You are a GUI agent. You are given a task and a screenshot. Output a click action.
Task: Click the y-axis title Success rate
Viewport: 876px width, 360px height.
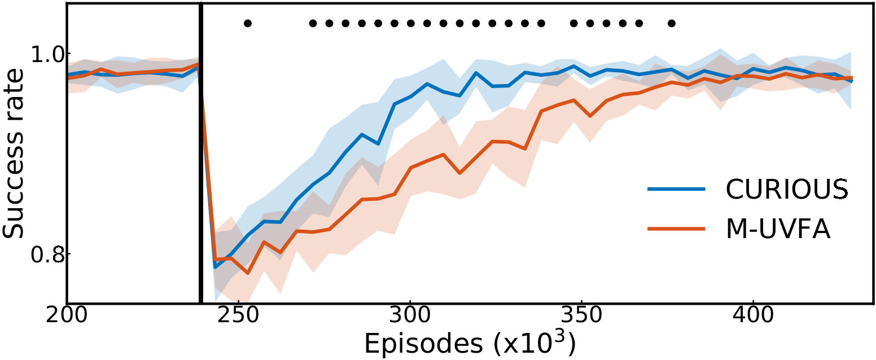point(14,153)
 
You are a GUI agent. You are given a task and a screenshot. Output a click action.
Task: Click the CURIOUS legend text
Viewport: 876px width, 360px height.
point(786,190)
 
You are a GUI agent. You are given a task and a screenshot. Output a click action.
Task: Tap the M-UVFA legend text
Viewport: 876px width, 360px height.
point(778,230)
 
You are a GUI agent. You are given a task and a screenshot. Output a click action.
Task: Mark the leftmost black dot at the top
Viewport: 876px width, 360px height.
point(247,23)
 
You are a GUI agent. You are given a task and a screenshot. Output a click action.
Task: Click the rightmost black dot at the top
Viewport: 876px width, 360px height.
point(671,23)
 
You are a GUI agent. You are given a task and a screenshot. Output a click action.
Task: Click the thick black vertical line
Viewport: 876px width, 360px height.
point(200,169)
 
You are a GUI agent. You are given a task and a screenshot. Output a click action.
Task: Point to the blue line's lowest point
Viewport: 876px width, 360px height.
point(215,266)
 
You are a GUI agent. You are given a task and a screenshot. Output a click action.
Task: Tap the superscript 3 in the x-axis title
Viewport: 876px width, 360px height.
point(564,335)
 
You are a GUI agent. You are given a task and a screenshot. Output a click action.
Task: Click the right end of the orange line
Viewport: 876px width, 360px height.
point(851,78)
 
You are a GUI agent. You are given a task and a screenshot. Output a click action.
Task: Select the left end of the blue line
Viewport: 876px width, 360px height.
point(68,74)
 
